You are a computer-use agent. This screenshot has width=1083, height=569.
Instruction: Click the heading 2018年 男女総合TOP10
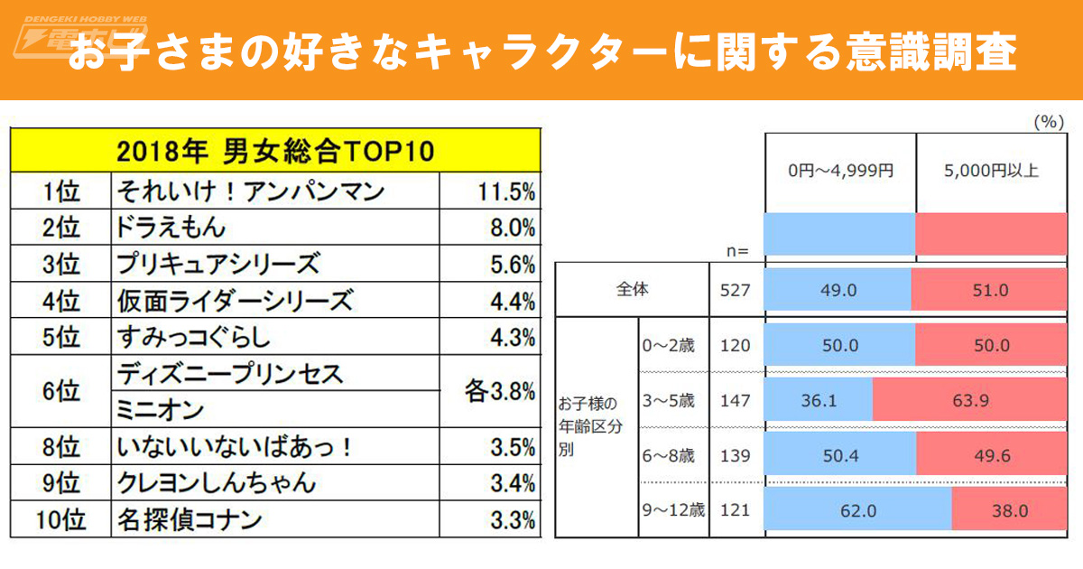(x=275, y=151)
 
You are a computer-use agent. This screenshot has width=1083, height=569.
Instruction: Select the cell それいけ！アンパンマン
(x=250, y=191)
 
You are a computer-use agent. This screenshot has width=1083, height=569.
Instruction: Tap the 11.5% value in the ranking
(x=503, y=191)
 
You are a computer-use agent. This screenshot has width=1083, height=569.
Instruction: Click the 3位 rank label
(x=61, y=264)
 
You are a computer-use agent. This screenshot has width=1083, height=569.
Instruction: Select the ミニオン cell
(x=161, y=409)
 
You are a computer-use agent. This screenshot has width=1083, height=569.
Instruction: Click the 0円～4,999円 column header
(x=839, y=172)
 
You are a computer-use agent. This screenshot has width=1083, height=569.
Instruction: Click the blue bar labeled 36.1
(x=819, y=399)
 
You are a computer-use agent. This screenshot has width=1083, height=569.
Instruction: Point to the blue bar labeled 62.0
(x=858, y=510)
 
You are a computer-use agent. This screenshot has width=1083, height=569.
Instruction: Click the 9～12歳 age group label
(x=673, y=510)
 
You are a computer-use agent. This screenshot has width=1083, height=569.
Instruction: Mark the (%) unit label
(x=1046, y=122)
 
